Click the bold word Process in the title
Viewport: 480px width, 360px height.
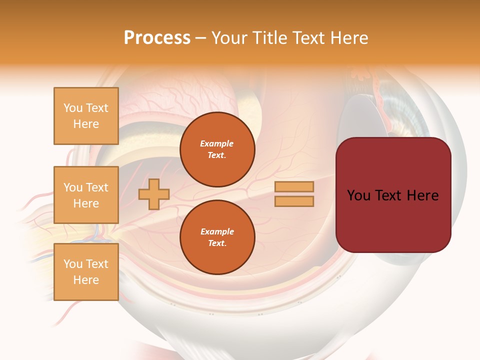coord(157,38)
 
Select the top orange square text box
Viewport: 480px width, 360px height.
coord(86,116)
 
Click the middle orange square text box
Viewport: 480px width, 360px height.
coord(86,195)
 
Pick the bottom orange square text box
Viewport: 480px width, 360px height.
coord(86,272)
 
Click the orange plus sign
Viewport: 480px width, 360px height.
coord(154,194)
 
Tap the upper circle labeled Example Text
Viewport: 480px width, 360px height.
coord(217,149)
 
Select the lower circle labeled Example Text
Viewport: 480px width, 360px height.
coord(217,237)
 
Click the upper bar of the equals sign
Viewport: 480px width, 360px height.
coord(294,187)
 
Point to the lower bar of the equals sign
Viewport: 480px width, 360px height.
coord(294,201)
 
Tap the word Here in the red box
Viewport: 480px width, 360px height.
coord(422,195)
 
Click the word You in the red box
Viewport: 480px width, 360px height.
coord(359,195)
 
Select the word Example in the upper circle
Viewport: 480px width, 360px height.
coord(217,143)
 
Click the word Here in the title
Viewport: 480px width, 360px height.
coord(349,38)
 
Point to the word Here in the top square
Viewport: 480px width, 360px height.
coord(86,124)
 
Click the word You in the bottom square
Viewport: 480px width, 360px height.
coord(73,264)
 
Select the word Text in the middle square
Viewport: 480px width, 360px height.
coord(97,187)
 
